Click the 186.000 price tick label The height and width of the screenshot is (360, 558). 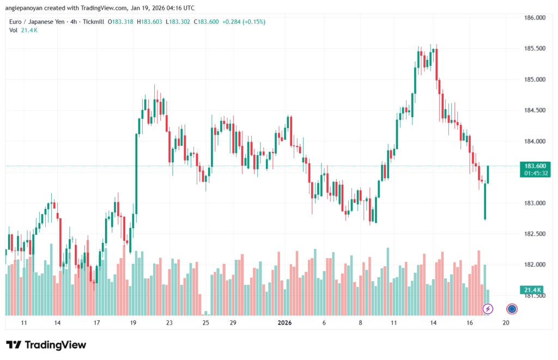click(534, 17)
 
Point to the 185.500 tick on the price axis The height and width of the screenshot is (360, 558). click(534, 48)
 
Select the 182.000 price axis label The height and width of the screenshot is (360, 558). click(534, 265)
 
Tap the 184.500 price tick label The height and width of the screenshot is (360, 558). click(534, 110)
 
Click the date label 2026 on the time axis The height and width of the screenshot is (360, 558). click(285, 323)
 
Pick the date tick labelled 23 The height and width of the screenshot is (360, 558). click(169, 323)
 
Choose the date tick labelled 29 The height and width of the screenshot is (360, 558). click(233, 323)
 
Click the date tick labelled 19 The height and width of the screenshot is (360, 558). click(134, 323)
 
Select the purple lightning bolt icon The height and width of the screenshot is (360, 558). click(488, 309)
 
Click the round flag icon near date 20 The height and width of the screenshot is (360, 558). click(512, 309)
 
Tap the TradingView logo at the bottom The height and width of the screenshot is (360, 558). click(46, 345)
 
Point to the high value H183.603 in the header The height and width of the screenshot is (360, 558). click(153, 22)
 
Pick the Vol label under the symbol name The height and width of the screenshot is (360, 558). click(14, 30)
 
